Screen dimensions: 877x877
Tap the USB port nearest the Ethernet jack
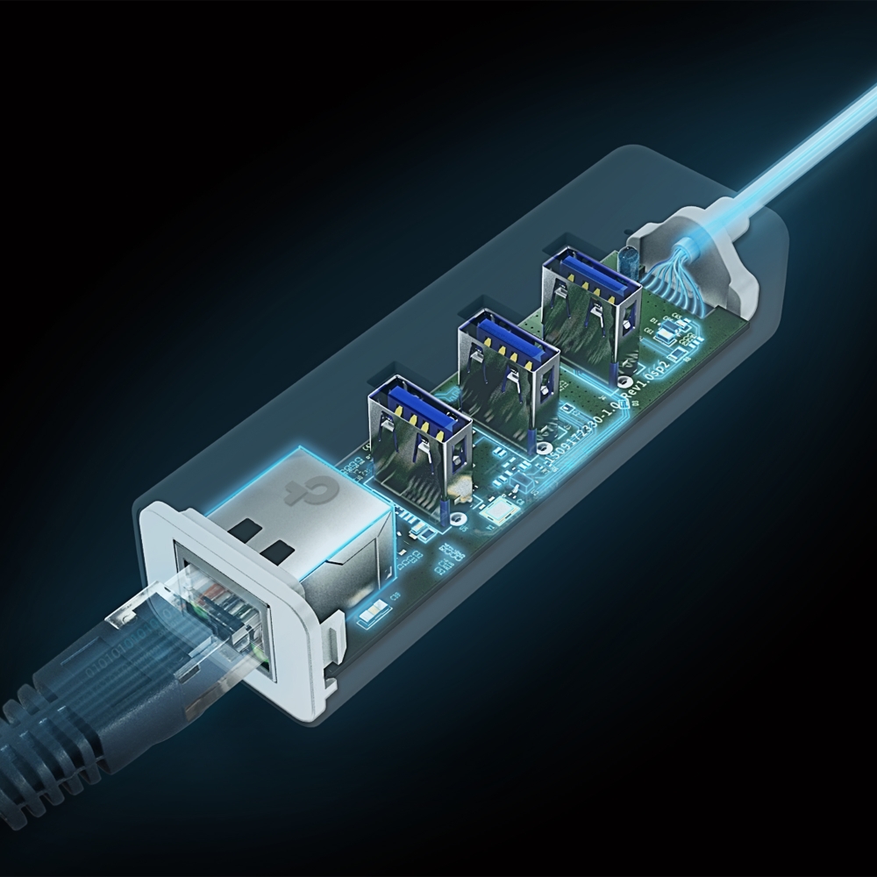419,434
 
